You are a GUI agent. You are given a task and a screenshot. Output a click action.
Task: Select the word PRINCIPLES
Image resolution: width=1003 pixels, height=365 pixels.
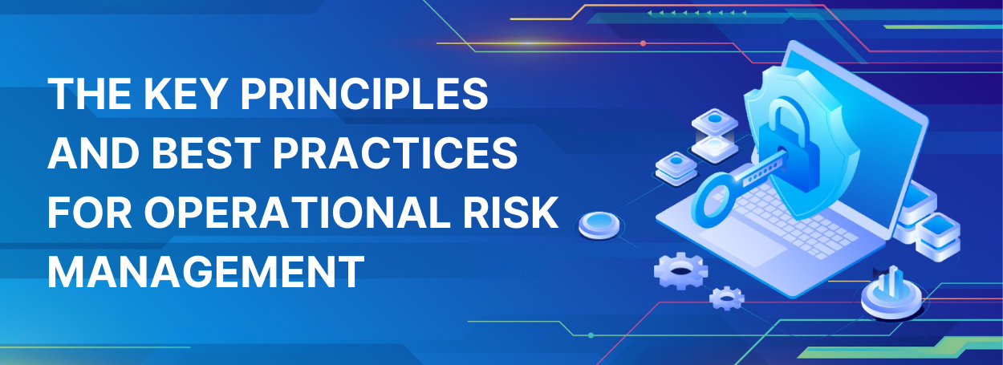(x=364, y=93)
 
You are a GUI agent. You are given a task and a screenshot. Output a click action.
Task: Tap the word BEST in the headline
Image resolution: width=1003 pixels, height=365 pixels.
(x=206, y=152)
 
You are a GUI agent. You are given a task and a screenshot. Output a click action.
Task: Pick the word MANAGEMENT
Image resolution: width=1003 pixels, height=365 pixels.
(x=205, y=271)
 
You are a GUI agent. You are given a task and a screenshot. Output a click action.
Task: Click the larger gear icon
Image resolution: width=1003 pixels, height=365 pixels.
(x=680, y=270)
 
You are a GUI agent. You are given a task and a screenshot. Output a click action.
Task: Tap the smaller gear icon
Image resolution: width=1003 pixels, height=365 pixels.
(x=727, y=298)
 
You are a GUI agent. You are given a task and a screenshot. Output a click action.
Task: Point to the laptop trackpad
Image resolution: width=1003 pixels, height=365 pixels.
(x=743, y=244)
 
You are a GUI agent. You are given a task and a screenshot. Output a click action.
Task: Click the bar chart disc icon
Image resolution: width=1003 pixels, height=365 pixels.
(x=891, y=294)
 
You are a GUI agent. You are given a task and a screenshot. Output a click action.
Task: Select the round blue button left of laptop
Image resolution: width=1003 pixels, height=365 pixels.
(x=599, y=225)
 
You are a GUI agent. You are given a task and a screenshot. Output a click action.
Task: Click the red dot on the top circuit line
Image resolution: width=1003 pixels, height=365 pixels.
(x=643, y=43)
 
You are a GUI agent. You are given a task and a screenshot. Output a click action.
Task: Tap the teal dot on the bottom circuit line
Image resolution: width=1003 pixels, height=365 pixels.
(x=591, y=335)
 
